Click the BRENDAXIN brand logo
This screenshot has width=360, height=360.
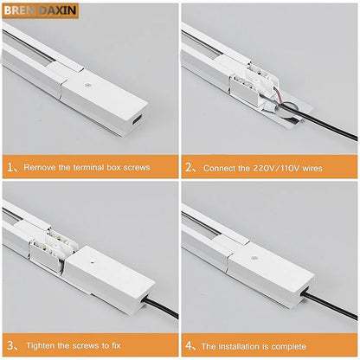point(40,10)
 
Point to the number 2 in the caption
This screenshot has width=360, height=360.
point(190,167)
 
